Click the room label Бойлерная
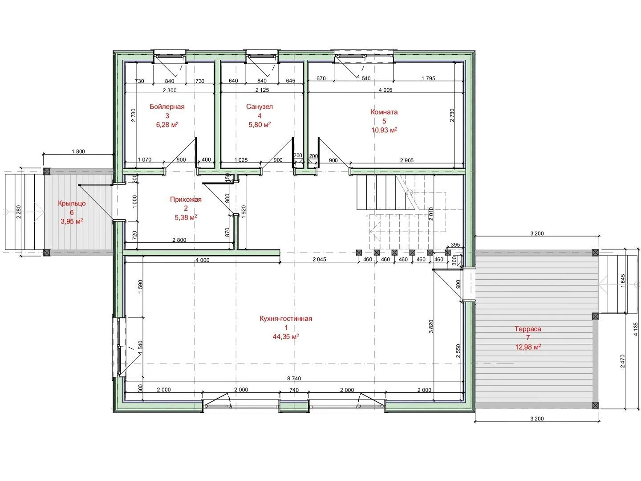coord(167,106)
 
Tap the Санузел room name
coord(260,106)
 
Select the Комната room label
coord(384,112)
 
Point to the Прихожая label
coord(186,200)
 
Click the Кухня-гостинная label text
coord(286,318)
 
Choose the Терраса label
coord(527,329)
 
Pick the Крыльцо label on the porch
coord(72,203)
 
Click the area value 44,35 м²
coord(286,337)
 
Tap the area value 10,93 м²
coord(384,130)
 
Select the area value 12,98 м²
coord(527,347)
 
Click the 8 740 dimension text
coord(294,379)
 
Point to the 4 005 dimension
coord(385,90)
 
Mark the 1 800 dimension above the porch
coord(78,151)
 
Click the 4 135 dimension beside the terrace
coord(636,329)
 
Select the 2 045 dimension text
coord(319,259)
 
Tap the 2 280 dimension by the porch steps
coord(18,212)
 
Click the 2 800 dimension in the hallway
coord(179,240)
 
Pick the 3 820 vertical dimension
coord(431,326)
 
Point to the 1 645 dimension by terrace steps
coord(623,281)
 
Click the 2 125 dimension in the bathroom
coord(262,90)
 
